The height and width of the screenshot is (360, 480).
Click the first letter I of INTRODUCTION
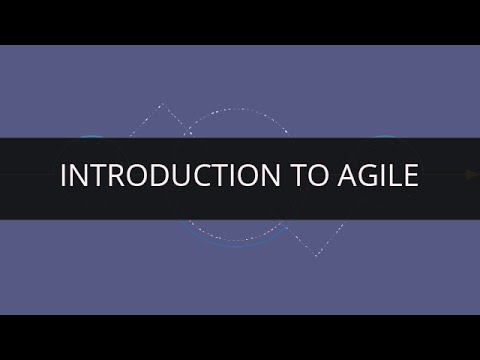(x=64, y=175)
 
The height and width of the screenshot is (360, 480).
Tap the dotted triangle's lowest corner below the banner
(x=316, y=255)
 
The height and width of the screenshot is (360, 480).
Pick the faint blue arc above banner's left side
(x=93, y=136)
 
